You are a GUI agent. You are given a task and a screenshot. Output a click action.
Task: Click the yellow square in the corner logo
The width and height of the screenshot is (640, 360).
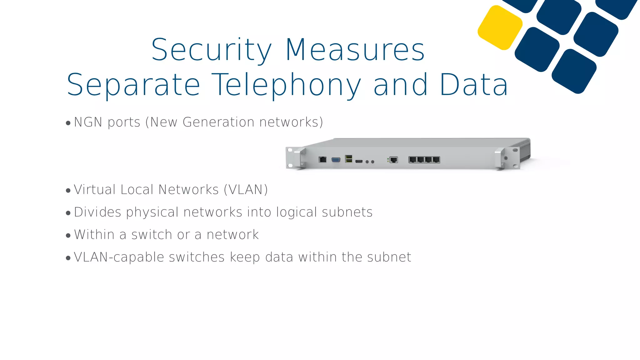pos(500,28)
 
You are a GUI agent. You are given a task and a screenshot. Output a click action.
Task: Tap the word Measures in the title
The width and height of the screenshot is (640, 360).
pos(355,50)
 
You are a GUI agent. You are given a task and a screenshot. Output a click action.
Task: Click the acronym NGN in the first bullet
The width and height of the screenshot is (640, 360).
pos(88,122)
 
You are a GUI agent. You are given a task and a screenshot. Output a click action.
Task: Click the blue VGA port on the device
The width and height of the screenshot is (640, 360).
pos(336,160)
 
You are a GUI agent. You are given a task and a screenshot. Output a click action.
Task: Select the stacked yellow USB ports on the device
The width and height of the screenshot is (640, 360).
pos(349,159)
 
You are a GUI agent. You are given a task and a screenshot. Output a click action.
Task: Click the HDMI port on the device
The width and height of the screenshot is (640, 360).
pos(359,161)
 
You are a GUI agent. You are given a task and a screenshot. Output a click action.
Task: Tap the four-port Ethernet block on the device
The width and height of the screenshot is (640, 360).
pos(424,160)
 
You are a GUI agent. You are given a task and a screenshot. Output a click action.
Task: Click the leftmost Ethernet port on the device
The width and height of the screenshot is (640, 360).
pos(322,159)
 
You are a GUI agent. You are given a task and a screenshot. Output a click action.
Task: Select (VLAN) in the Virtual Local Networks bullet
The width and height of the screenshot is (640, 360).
pos(246,190)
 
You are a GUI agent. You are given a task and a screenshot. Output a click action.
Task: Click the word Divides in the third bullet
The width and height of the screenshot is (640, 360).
pos(97,212)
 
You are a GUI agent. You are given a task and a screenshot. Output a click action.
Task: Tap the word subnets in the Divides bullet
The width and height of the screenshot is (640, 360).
pos(347,212)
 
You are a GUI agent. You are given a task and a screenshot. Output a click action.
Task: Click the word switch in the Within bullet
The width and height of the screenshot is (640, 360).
pos(152,235)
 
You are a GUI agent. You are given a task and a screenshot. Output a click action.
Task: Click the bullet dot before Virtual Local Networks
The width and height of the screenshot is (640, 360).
pos(68,191)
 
